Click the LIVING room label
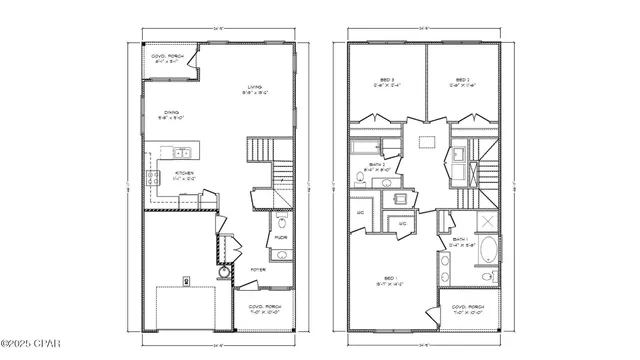254,87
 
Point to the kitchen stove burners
153,179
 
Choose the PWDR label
281,237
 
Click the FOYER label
258,269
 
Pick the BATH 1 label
460,241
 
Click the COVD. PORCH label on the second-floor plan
470,308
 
